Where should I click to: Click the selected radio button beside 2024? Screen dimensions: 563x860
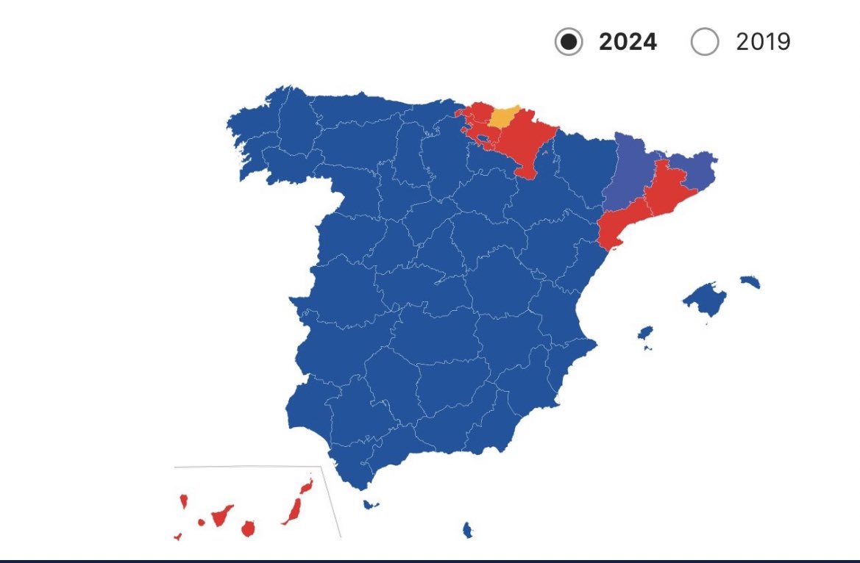point(569,43)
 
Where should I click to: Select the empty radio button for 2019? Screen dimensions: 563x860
point(704,43)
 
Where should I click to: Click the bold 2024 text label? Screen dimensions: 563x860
point(628,43)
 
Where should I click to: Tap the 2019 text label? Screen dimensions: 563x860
point(763,43)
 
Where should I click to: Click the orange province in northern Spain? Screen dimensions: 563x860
point(504,117)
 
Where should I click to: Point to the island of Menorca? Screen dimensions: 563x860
point(750,281)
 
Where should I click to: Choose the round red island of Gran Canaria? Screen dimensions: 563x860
point(249,528)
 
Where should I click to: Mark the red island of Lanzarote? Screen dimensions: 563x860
point(306,486)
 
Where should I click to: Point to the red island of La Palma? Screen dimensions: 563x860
point(183,501)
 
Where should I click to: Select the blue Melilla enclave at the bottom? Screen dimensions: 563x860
point(466,529)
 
